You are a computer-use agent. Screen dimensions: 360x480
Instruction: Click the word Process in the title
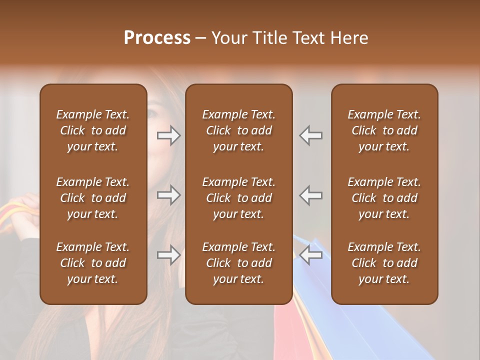coord(157,37)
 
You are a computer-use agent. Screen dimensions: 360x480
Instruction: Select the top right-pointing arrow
coord(168,135)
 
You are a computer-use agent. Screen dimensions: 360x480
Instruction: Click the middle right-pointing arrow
coord(168,195)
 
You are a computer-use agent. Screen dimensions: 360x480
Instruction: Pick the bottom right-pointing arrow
coord(168,255)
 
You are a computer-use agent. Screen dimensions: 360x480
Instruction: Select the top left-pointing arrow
coord(311,135)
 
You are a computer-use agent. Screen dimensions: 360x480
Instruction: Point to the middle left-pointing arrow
coord(311,195)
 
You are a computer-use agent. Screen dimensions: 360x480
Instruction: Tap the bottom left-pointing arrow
coord(311,255)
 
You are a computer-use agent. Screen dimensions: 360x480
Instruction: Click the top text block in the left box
coord(93,130)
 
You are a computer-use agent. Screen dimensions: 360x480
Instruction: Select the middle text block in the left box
coord(93,198)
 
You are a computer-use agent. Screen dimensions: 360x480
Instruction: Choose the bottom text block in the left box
coord(93,263)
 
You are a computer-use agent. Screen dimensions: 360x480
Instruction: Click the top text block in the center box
coord(238,130)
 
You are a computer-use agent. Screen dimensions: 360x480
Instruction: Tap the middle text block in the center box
coord(238,198)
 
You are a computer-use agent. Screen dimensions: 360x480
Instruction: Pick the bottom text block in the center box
coord(238,263)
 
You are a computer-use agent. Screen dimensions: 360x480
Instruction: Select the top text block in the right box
coord(384,130)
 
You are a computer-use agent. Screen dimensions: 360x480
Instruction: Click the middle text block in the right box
coord(384,198)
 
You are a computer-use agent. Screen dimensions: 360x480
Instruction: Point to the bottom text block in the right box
coord(384,263)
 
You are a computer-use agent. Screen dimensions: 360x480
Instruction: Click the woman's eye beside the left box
coord(151,113)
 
